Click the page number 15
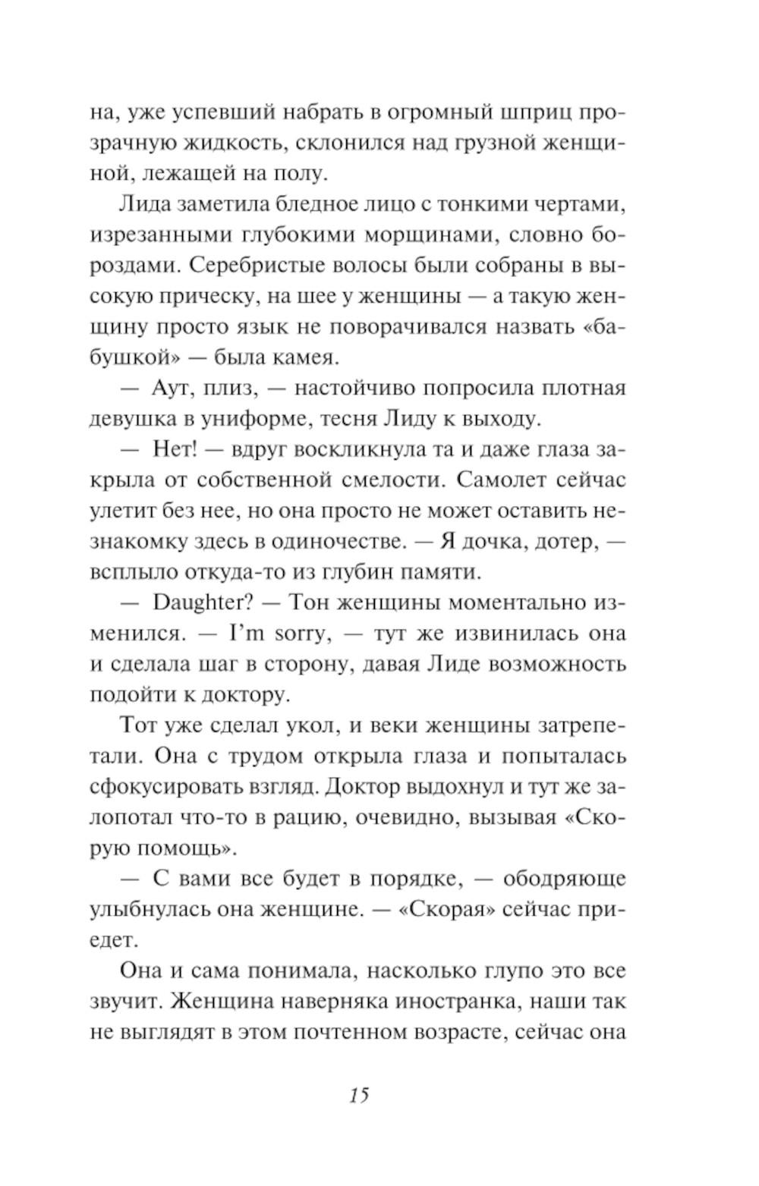359,1095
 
